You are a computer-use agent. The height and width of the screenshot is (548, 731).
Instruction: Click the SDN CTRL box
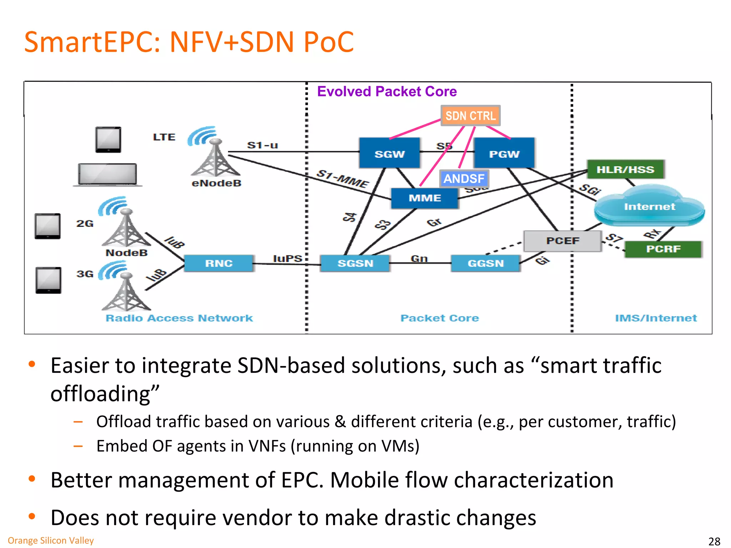(x=470, y=116)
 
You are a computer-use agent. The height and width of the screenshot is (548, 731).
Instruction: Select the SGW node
(x=389, y=154)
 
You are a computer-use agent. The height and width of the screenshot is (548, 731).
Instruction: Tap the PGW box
(x=504, y=154)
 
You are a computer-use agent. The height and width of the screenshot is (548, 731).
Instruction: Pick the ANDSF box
(x=464, y=178)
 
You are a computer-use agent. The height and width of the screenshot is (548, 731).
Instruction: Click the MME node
(x=424, y=198)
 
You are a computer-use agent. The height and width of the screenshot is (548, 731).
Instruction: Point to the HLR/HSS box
(x=625, y=169)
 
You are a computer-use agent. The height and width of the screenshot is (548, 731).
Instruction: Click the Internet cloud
(x=649, y=207)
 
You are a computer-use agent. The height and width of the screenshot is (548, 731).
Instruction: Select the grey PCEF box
(x=563, y=241)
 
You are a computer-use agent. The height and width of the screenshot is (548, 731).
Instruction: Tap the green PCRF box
(x=663, y=249)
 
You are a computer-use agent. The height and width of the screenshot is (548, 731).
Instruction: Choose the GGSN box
(x=485, y=263)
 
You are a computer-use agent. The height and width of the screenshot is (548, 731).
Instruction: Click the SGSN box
(x=355, y=263)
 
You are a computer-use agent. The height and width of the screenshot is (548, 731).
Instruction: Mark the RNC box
(x=219, y=263)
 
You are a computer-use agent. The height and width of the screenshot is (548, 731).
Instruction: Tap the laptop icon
(x=107, y=174)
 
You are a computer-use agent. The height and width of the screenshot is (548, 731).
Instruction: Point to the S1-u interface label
(x=262, y=145)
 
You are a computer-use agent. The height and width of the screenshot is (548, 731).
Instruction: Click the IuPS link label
(x=287, y=258)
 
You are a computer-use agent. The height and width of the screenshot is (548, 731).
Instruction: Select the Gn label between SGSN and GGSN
(x=419, y=258)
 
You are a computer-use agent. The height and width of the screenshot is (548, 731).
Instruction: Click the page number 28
(x=714, y=541)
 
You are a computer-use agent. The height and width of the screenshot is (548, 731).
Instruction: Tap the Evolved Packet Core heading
(x=387, y=92)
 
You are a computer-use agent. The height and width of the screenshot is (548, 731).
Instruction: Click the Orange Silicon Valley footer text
(x=51, y=541)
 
